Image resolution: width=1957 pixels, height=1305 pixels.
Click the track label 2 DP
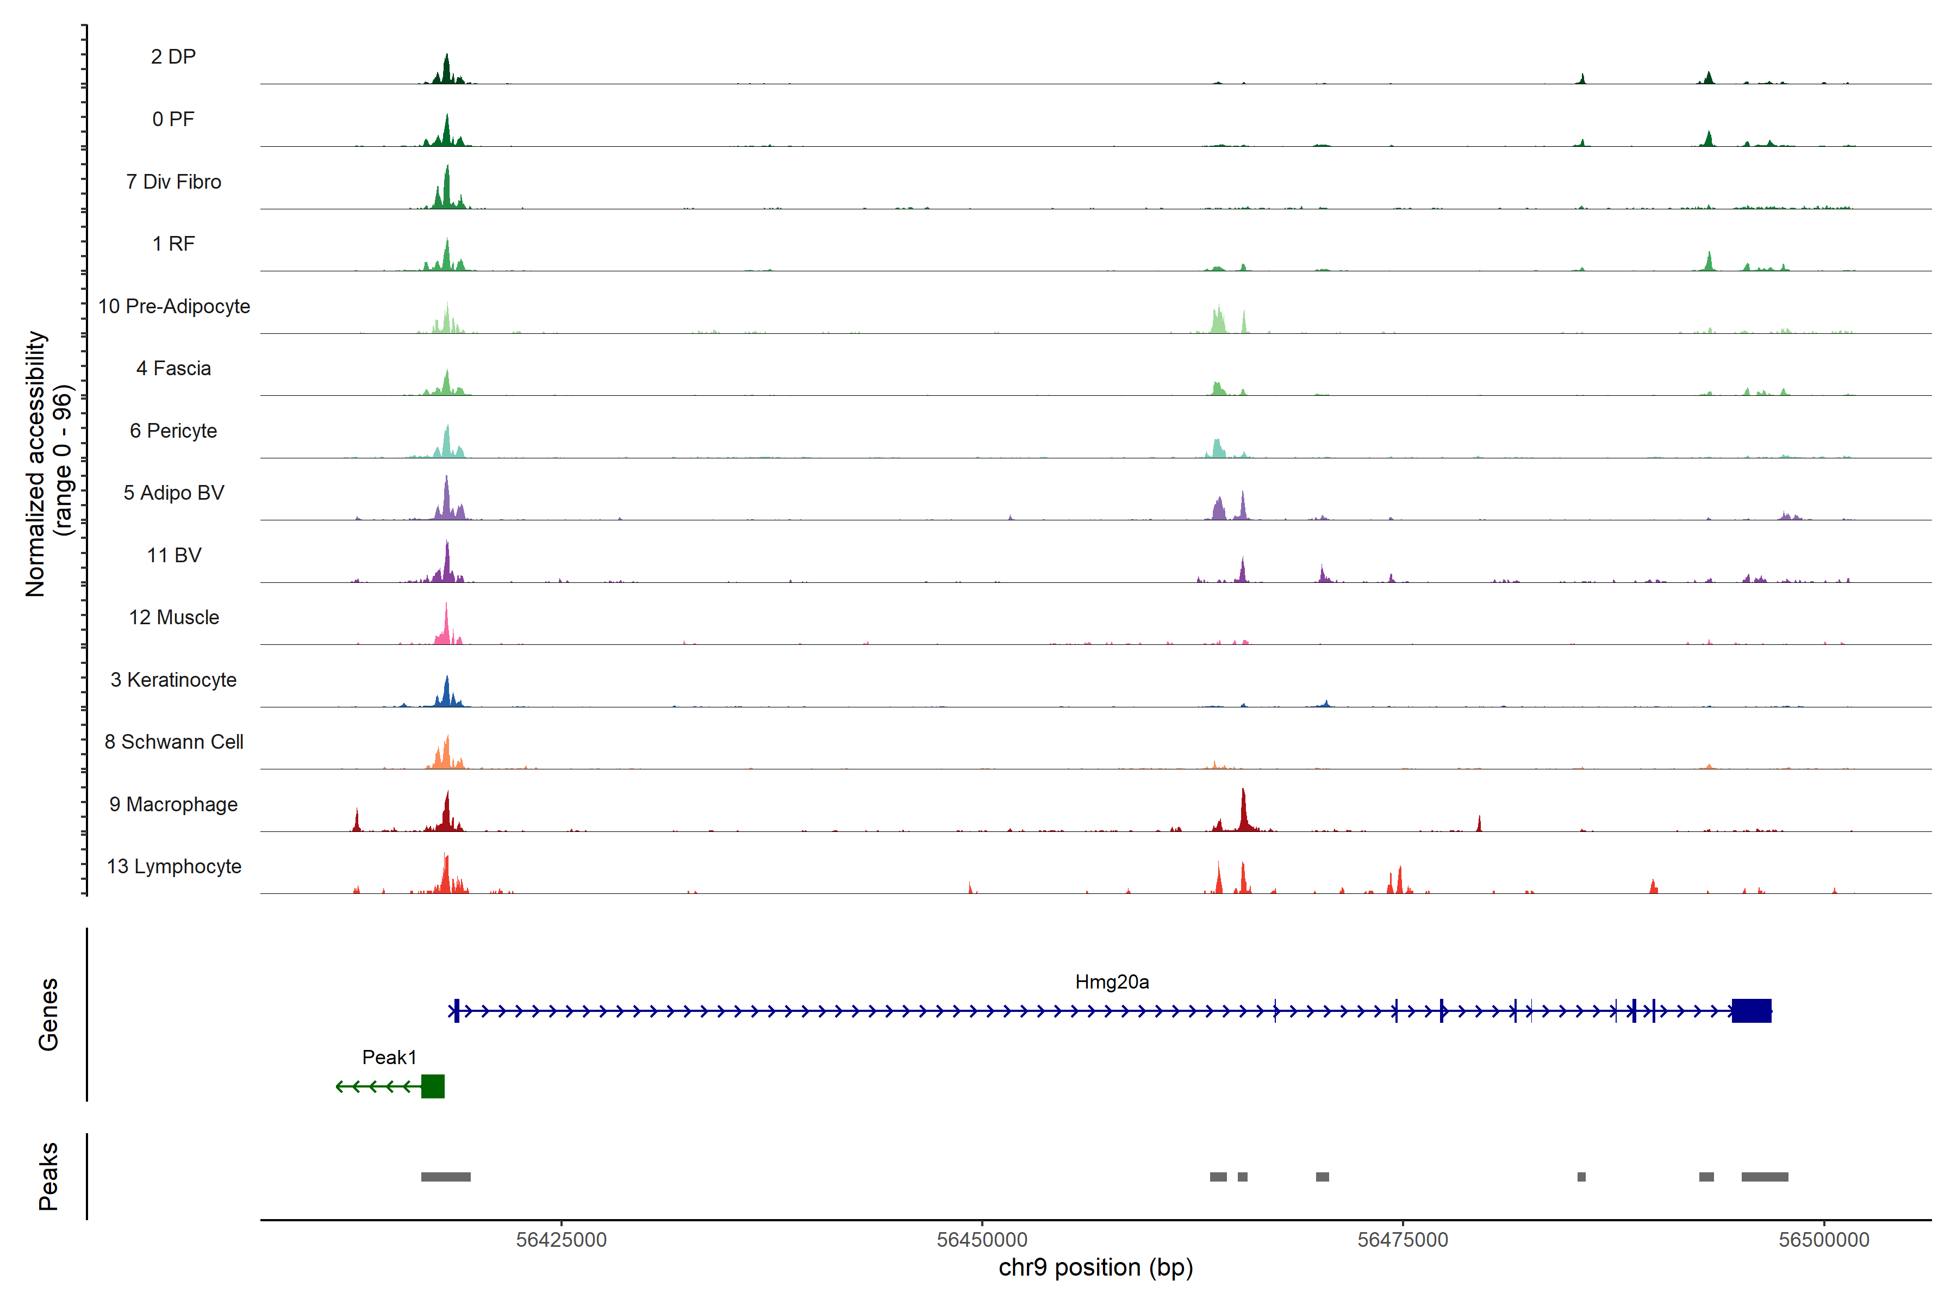pos(173,57)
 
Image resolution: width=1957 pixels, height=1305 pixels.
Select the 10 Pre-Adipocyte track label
pos(174,306)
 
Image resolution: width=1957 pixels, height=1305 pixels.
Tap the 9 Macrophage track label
pos(173,804)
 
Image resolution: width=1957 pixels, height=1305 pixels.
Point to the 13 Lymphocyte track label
pos(174,866)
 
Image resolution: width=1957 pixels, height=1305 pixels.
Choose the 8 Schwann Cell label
pos(174,742)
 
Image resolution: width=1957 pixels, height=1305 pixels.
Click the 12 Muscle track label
pos(174,618)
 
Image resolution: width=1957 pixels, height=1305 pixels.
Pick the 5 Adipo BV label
pos(174,493)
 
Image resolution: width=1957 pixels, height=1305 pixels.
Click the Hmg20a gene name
pos(1112,982)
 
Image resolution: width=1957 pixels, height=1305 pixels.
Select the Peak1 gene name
pos(389,1057)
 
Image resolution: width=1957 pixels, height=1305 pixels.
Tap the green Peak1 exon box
pos(433,1086)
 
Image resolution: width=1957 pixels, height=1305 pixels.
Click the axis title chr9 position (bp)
pos(1096,1267)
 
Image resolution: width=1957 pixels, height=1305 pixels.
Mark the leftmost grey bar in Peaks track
pos(446,1177)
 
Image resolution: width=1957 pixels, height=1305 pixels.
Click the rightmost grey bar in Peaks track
pos(1765,1177)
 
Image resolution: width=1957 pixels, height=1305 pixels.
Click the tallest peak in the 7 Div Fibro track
pos(447,183)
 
